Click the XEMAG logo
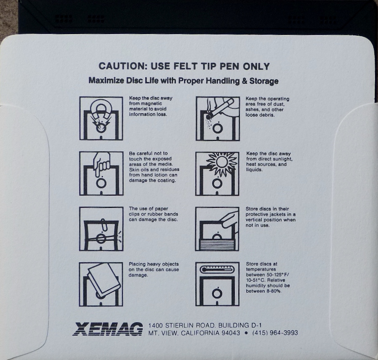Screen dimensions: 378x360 point(107,329)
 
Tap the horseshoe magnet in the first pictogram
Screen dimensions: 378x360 point(101,109)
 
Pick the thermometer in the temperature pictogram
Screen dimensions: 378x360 point(217,269)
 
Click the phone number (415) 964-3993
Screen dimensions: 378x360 point(275,333)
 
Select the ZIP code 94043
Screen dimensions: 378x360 point(231,333)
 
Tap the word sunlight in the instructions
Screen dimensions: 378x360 point(282,159)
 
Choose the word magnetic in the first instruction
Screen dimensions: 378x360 point(152,104)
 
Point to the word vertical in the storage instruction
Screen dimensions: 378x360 point(255,220)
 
